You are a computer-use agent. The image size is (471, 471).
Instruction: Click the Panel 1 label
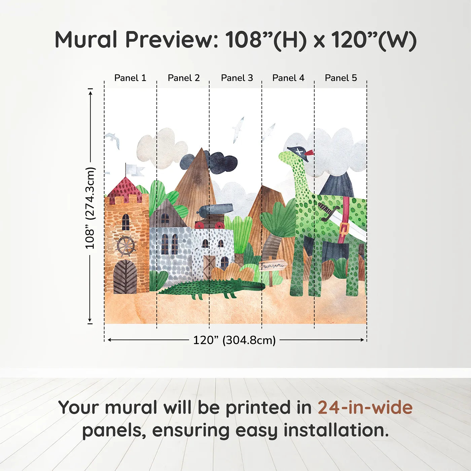point(130,78)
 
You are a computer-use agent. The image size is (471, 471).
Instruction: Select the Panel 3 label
point(237,78)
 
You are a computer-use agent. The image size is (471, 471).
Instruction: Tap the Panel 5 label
point(341,78)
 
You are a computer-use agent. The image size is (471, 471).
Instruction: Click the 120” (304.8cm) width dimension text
point(234,340)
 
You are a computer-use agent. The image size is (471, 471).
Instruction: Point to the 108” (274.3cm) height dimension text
point(90,208)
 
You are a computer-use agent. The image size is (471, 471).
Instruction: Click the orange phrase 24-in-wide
point(365,407)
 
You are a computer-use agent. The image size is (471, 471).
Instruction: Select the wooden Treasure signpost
point(272,266)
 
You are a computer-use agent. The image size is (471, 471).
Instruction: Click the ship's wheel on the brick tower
point(126,246)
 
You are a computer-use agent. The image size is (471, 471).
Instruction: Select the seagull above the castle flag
point(112,139)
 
